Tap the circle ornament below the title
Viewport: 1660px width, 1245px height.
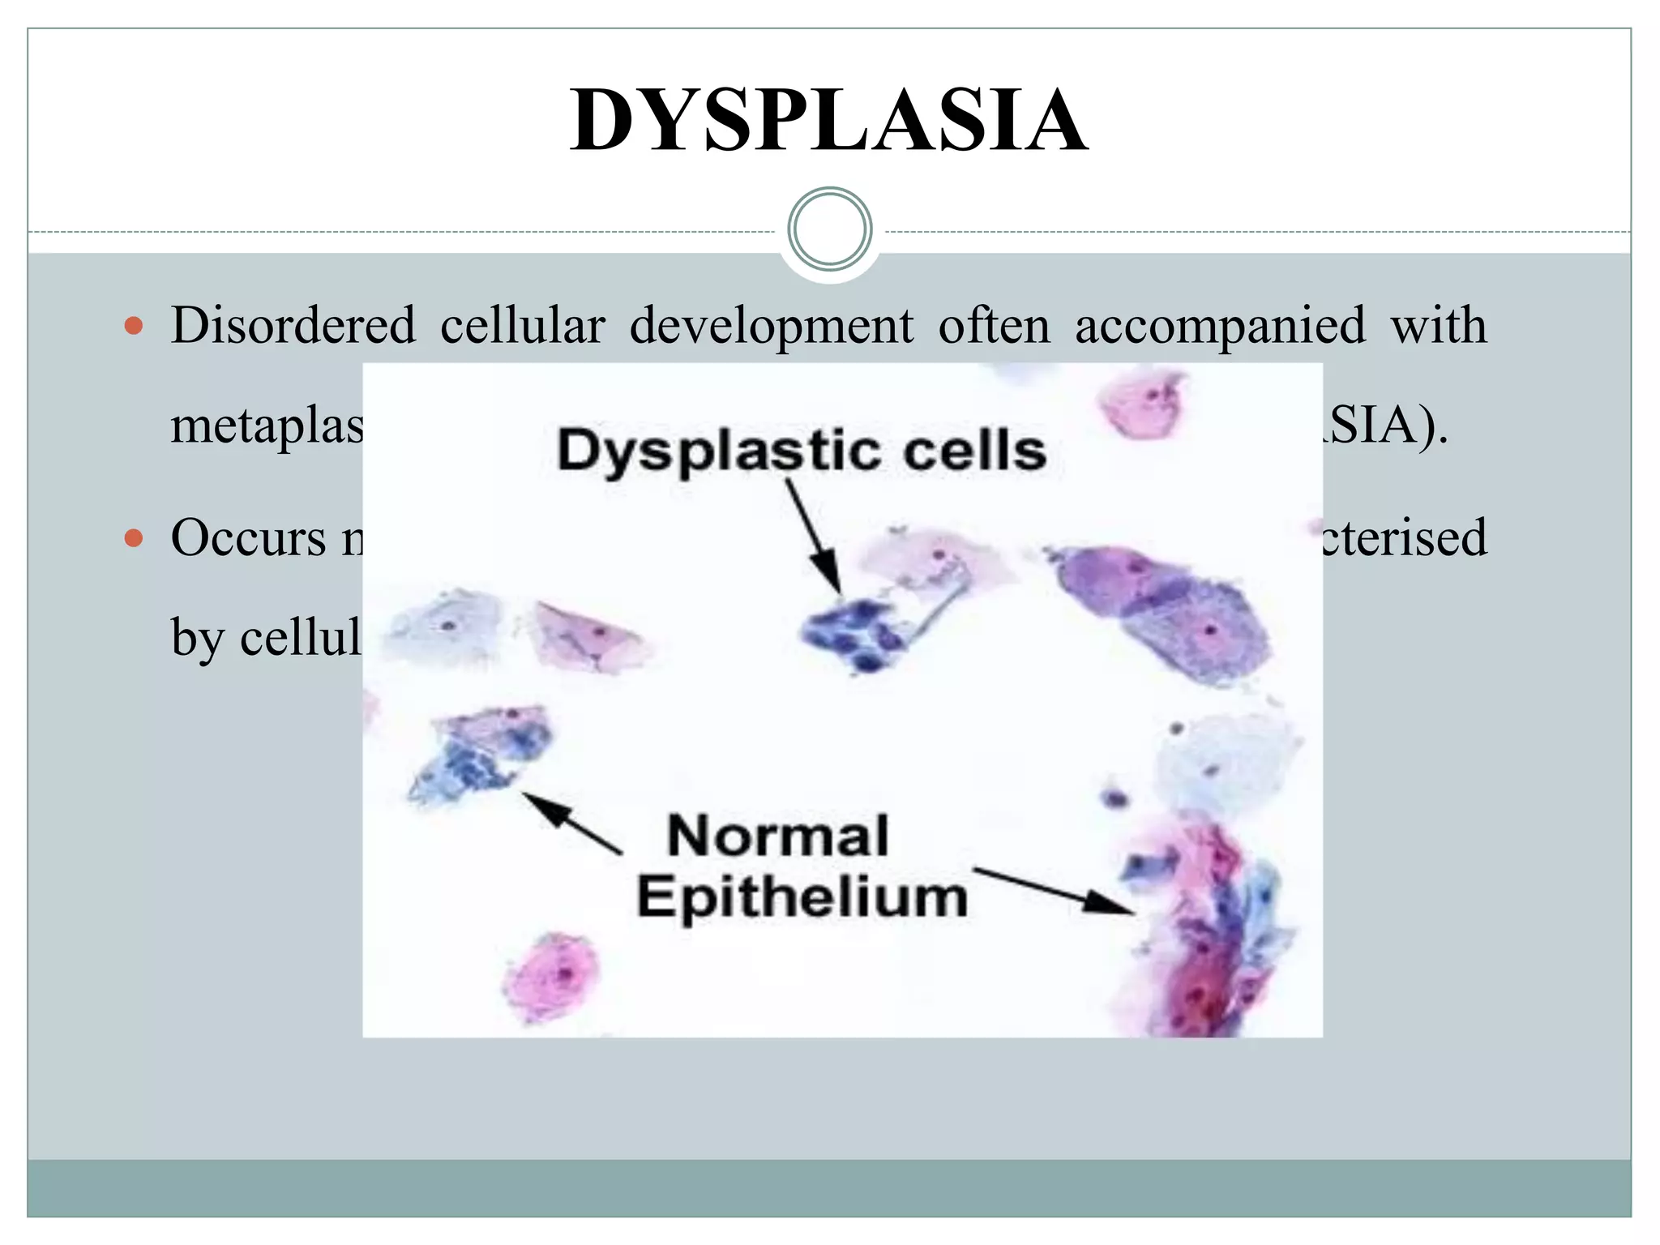(x=829, y=229)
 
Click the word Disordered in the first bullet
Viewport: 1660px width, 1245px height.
(x=293, y=326)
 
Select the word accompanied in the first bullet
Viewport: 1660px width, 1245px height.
(x=1220, y=326)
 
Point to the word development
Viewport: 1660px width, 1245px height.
(x=771, y=326)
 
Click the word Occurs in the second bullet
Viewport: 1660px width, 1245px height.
(x=248, y=538)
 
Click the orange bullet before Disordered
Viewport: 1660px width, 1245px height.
(x=134, y=327)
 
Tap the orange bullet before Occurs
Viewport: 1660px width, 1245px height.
(x=134, y=538)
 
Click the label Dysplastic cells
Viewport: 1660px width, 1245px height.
(x=801, y=451)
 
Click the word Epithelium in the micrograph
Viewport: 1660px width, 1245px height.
(x=802, y=897)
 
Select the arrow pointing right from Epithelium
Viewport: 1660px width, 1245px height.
(x=1054, y=891)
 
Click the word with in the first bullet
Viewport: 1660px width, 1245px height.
(x=1439, y=326)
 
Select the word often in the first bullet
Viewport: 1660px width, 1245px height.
(x=994, y=326)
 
